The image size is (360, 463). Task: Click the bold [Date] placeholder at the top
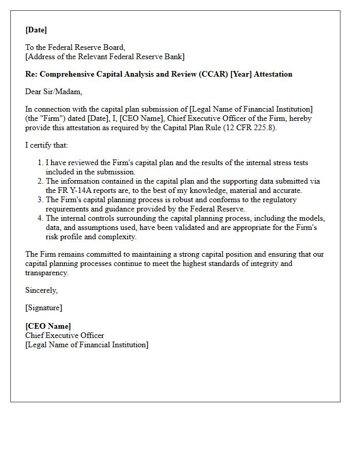point(36,30)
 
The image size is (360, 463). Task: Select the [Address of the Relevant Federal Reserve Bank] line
point(105,57)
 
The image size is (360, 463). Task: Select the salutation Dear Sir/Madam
point(53,92)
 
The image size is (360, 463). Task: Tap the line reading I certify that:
point(47,145)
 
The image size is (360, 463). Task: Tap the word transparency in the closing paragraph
point(46,273)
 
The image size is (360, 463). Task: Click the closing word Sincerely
point(42,290)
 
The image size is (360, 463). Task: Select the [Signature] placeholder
point(44,308)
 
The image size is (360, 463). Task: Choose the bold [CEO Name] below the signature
point(48,326)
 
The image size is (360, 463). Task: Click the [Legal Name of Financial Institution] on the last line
point(87,345)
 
